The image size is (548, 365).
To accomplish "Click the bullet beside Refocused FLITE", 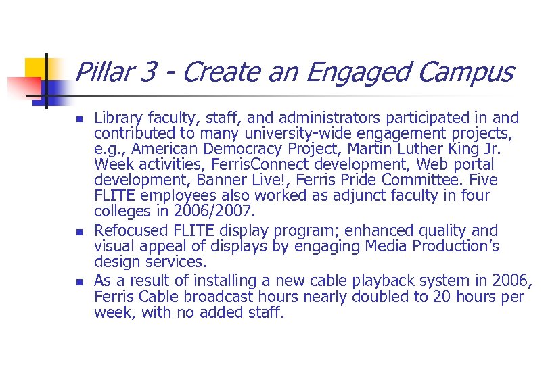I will coord(78,231).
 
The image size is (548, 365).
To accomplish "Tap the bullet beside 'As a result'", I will coord(78,281).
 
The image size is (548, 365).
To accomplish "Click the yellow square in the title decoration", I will coord(34,67).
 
